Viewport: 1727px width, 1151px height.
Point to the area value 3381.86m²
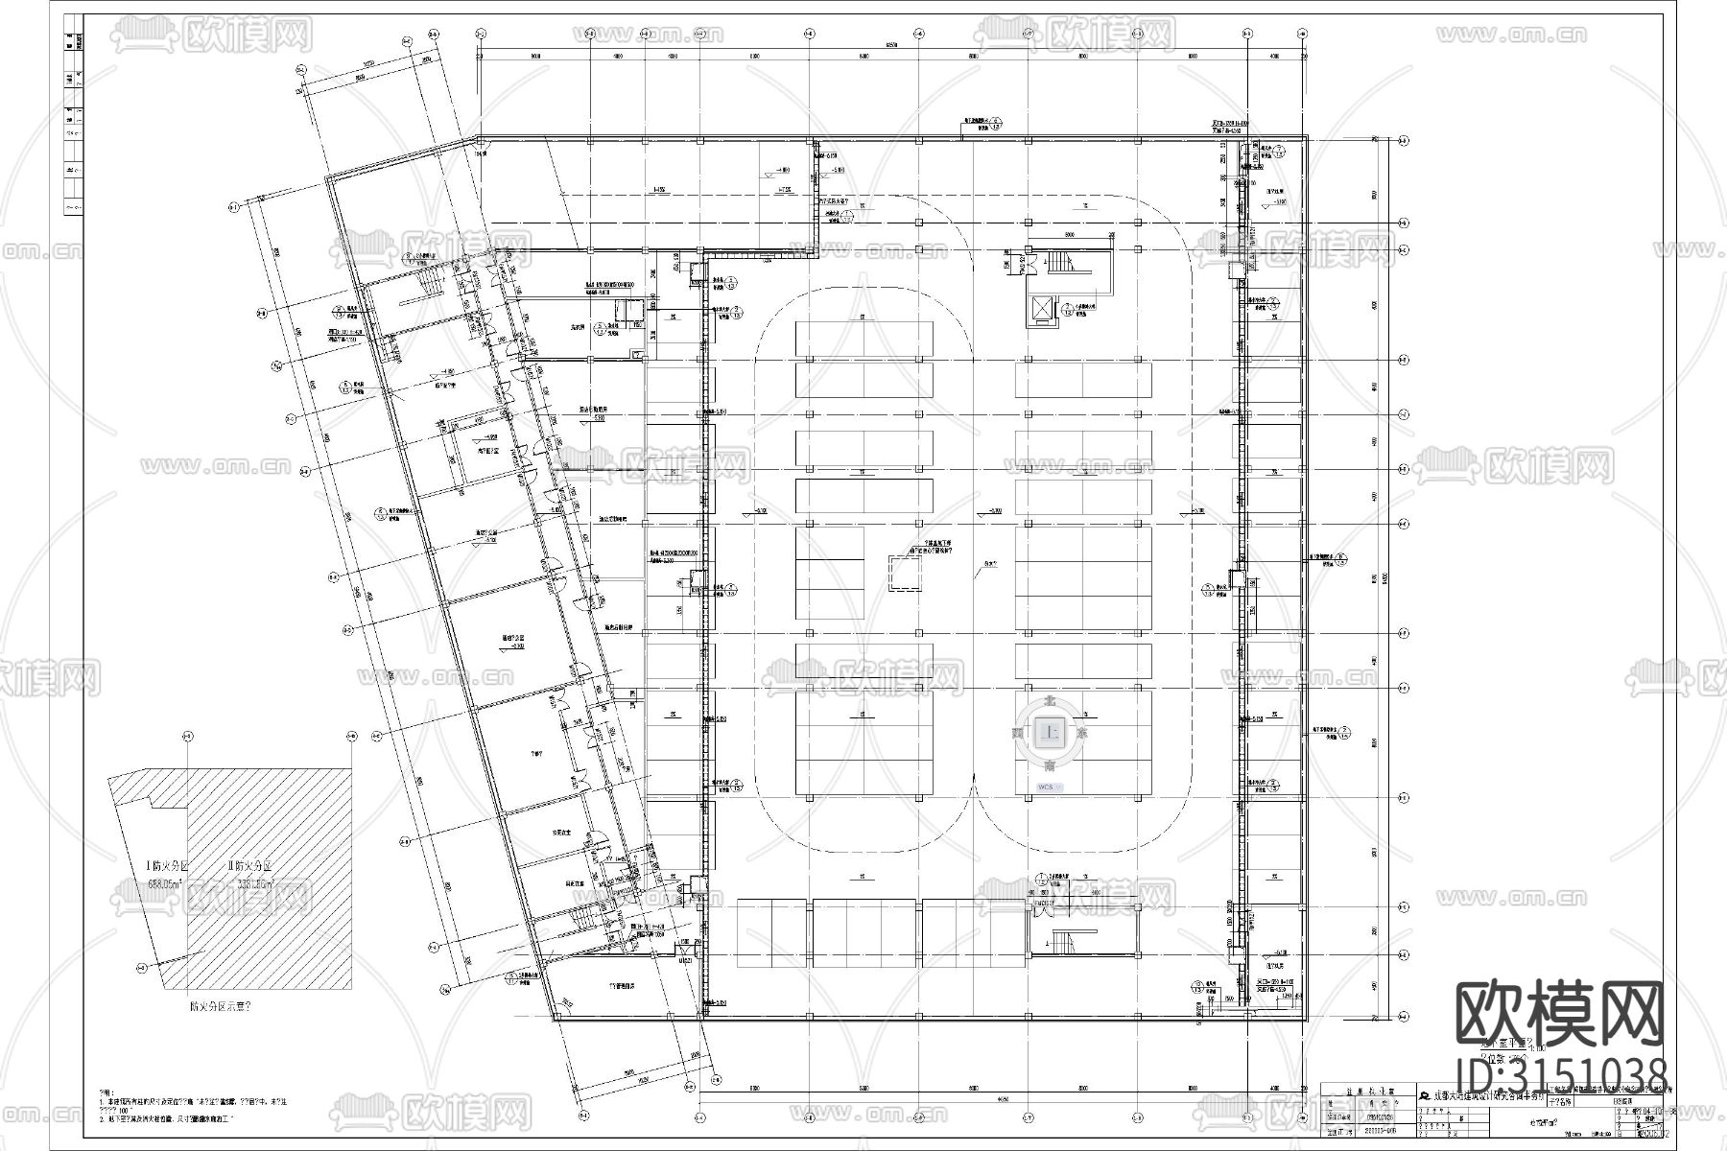coord(252,885)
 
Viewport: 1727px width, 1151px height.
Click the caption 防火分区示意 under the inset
coord(221,1007)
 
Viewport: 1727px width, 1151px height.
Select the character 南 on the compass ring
coord(1052,766)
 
